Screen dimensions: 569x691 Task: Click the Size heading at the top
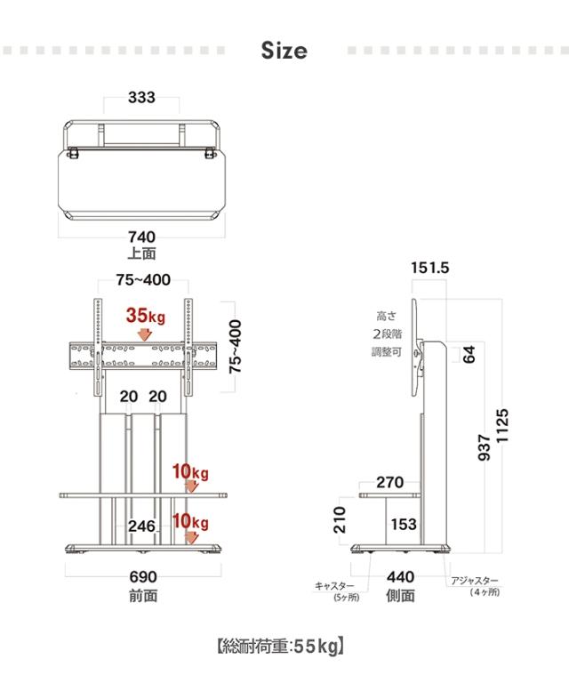[284, 51]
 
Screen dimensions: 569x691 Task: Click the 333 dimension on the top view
[142, 98]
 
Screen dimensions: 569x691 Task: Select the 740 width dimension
[142, 237]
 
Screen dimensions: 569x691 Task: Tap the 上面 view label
[142, 253]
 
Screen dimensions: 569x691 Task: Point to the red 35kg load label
[146, 316]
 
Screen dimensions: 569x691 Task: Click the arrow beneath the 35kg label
[144, 335]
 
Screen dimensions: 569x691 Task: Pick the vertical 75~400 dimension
[236, 347]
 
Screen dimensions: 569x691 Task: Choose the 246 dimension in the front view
[142, 526]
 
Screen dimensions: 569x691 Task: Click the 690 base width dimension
[143, 577]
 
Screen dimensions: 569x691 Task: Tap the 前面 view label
[143, 596]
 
